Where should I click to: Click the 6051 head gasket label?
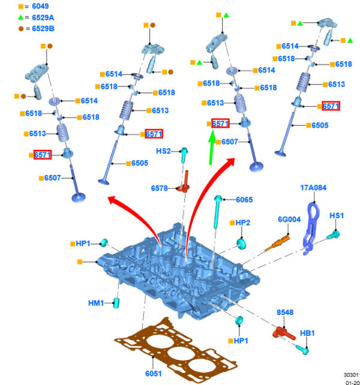[153, 374]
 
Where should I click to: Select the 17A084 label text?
[313, 188]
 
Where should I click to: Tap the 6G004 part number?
[289, 219]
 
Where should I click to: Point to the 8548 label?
[284, 312]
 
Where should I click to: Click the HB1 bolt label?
[307, 332]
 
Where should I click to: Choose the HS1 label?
[337, 215]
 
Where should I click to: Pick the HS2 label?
[164, 151]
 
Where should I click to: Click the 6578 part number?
[160, 188]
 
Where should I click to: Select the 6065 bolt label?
[244, 200]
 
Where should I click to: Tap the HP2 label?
[242, 222]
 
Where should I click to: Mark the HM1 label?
[96, 303]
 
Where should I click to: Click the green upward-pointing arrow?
[211, 148]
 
